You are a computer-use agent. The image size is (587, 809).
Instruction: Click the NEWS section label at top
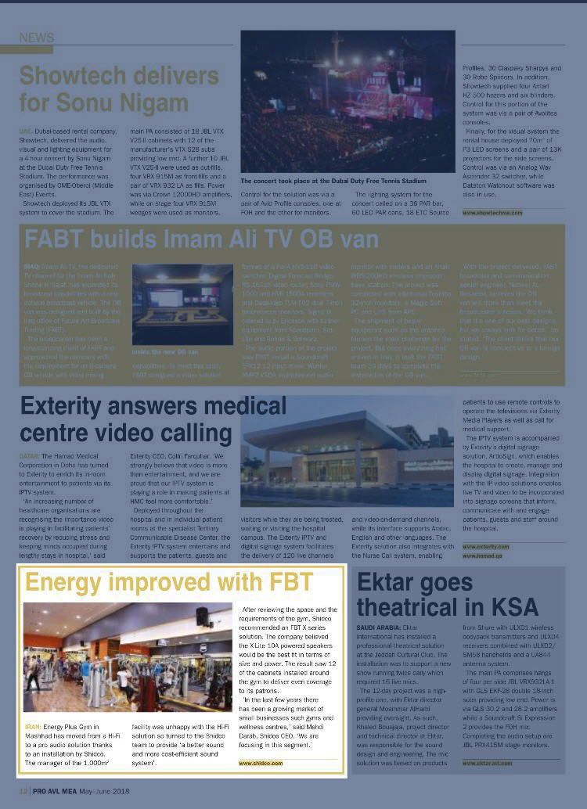(x=37, y=38)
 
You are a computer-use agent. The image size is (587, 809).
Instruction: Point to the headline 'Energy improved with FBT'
(x=169, y=582)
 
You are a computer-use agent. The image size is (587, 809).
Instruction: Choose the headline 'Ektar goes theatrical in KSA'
(x=448, y=594)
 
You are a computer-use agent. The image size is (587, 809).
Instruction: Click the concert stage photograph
(x=348, y=102)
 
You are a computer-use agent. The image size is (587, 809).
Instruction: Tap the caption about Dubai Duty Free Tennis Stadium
(x=333, y=180)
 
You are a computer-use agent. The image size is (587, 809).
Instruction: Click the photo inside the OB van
(x=182, y=304)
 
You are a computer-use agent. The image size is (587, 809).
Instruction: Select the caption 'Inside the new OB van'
(x=165, y=352)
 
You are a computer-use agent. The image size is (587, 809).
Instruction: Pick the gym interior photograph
(x=127, y=657)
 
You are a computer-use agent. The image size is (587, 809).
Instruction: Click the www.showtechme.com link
(x=492, y=212)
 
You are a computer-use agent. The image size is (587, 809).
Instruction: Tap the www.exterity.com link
(x=485, y=546)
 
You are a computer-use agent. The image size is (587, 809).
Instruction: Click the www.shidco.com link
(x=261, y=762)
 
